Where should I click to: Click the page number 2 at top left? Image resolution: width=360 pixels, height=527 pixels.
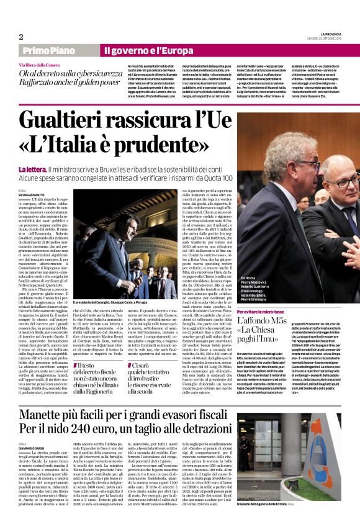[x=20, y=36]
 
